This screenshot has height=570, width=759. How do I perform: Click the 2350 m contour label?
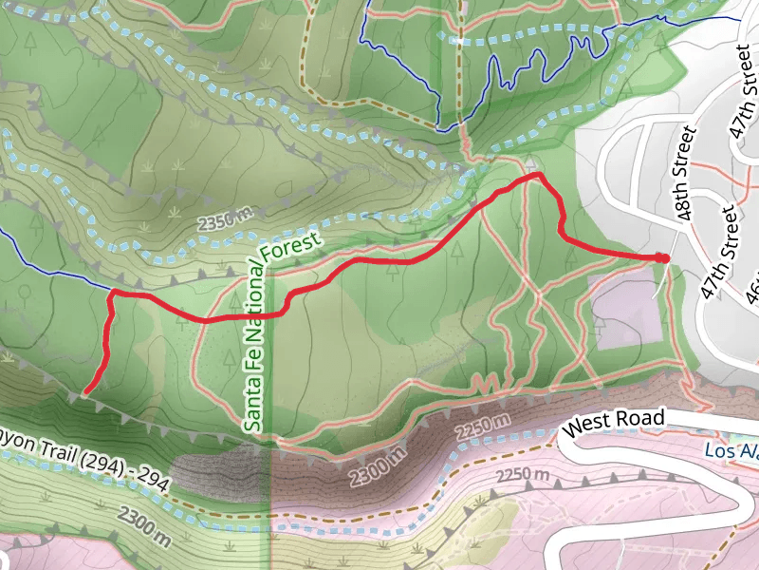[225, 219]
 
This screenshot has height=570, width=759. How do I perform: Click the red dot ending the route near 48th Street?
[663, 258]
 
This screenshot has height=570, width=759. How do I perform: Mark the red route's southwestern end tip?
[86, 391]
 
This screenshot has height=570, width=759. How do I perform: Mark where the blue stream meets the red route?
[113, 291]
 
